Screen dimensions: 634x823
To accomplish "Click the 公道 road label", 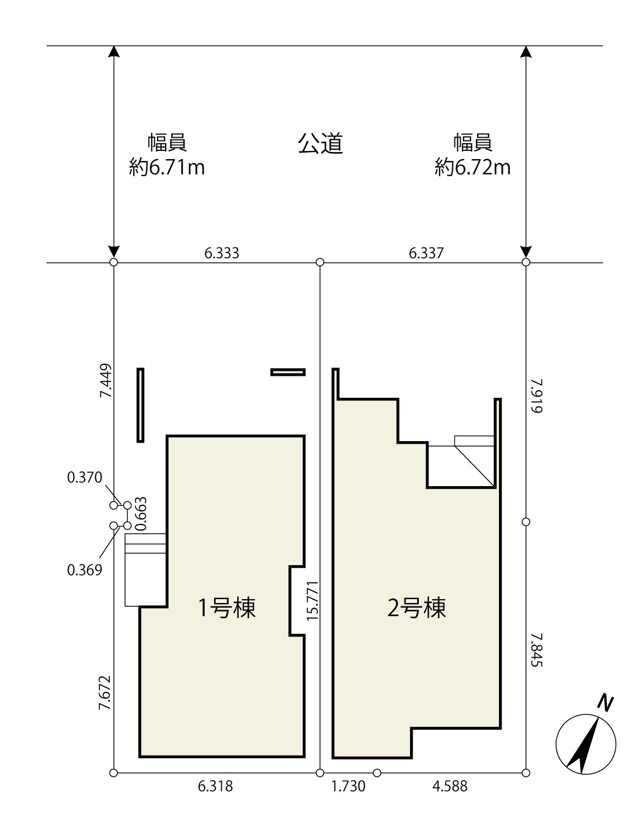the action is point(320,144).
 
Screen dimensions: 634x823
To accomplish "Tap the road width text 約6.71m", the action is point(167,167).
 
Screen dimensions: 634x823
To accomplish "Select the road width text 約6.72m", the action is point(473,167).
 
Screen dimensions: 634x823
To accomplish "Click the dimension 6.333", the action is point(222,253).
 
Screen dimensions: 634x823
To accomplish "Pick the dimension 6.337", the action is point(426,253).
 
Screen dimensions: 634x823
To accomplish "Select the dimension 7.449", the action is point(105,381).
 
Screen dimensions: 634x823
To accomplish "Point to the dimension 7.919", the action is point(537,396).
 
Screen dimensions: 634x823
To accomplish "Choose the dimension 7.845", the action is point(537,650).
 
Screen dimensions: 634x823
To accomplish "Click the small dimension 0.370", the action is point(85,477).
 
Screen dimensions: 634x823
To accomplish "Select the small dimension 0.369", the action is point(85,570).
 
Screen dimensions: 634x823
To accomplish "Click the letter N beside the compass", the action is point(605,702).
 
